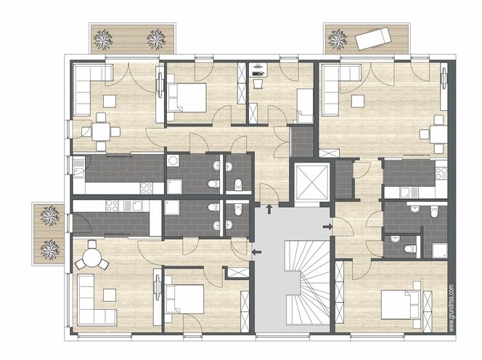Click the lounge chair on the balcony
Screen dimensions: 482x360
click(373, 38)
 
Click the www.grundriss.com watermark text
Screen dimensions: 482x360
click(451, 308)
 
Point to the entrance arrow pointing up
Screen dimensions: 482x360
click(269, 209)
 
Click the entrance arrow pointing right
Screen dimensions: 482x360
click(327, 227)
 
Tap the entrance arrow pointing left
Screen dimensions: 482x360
click(256, 253)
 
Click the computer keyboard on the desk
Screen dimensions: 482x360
click(258, 73)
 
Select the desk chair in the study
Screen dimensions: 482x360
click(258, 83)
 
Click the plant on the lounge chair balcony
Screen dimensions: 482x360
click(338, 39)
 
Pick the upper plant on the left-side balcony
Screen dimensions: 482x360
click(50, 216)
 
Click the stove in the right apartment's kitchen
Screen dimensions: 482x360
click(441, 173)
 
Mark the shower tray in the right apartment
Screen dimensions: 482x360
click(440, 250)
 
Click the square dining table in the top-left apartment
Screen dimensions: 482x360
click(101, 132)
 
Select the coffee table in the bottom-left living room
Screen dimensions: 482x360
click(110, 295)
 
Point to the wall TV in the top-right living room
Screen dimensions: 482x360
click(444, 78)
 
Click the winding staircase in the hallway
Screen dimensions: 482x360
click(307, 282)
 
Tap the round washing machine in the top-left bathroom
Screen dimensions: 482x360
click(173, 161)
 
